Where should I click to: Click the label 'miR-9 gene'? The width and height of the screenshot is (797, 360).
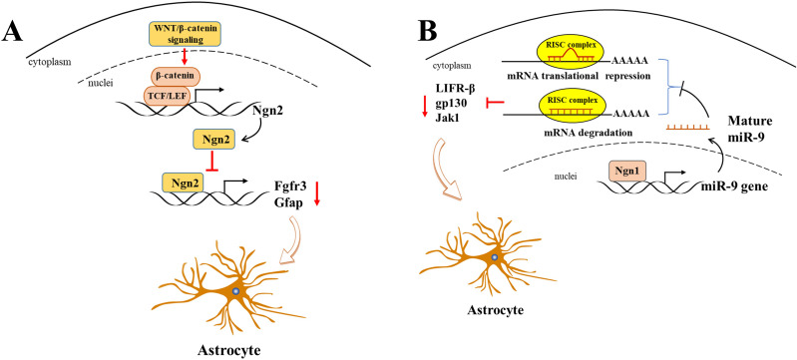click(735, 185)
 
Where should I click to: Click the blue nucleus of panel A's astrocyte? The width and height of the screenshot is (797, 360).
click(235, 291)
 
